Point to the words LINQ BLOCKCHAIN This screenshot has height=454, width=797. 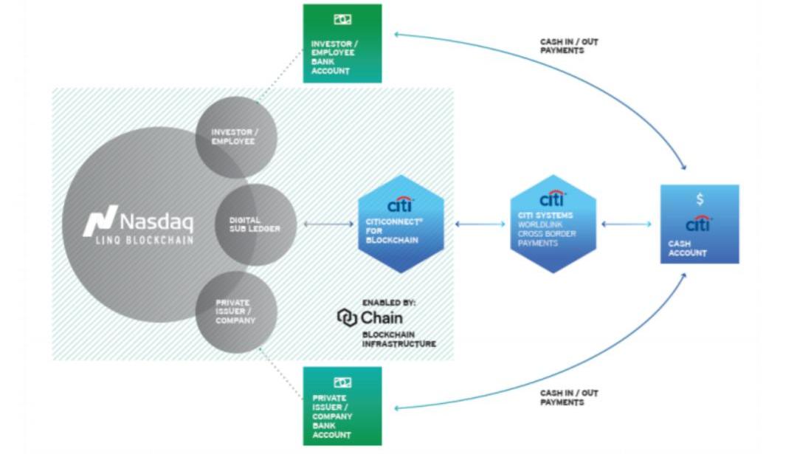tap(138, 240)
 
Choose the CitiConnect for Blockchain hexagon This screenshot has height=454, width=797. tap(401, 224)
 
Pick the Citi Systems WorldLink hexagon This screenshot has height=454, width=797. tap(553, 224)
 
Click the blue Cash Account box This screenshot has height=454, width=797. tap(699, 224)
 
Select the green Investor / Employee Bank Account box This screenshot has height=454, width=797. tap(342, 44)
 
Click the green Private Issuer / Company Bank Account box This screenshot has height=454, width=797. tap(342, 406)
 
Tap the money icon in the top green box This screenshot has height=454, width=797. tap(342, 21)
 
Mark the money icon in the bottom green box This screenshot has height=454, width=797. tap(342, 382)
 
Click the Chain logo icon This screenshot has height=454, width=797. tap(347, 317)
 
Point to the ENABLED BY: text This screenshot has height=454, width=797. tap(389, 303)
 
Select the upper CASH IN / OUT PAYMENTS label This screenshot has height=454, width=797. tap(569, 47)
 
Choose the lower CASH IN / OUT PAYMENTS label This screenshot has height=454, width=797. tap(569, 397)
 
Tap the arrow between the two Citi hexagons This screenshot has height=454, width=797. tap(479, 224)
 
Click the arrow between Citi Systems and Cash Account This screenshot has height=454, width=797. tap(627, 224)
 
